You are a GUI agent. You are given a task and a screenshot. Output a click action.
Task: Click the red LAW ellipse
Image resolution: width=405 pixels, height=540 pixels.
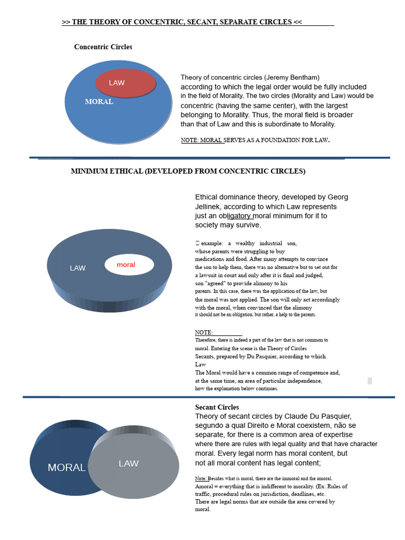(x=126, y=83)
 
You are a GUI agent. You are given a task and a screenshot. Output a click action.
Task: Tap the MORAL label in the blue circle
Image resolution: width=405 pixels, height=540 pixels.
(x=99, y=102)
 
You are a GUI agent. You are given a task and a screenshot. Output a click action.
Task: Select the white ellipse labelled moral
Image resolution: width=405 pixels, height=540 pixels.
(x=129, y=265)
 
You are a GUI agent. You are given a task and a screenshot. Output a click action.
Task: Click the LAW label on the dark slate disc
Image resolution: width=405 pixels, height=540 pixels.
(x=78, y=268)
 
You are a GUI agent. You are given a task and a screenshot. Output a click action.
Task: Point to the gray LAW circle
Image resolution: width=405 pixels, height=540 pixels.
(x=134, y=462)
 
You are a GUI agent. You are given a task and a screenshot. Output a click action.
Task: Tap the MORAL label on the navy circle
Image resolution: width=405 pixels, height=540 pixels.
(x=66, y=467)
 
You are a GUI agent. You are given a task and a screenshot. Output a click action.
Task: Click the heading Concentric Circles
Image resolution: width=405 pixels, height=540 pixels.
(x=103, y=47)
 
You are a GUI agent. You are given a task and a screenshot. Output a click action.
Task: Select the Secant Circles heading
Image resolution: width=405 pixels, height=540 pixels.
(x=217, y=407)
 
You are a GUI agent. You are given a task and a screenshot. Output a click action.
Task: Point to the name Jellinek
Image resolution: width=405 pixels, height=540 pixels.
(x=208, y=207)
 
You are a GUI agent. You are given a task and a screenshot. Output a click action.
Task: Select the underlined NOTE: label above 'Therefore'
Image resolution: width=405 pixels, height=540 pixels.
(x=204, y=332)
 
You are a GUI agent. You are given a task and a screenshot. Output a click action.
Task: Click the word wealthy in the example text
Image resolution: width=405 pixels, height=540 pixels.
(x=245, y=243)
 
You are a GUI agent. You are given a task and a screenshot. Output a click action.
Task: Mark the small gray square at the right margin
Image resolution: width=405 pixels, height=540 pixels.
(x=370, y=381)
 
